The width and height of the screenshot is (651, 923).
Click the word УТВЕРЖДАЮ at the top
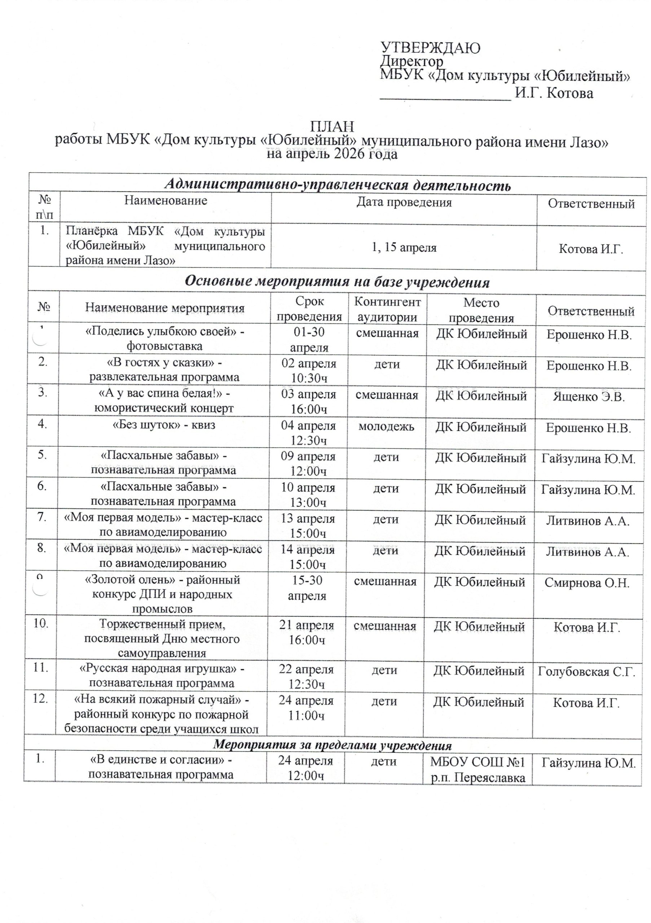430,48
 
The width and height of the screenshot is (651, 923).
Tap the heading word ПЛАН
332,127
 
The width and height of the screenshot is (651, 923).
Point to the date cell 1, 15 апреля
404,248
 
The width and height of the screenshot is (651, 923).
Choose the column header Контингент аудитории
387,310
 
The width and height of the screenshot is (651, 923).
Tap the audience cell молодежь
386,426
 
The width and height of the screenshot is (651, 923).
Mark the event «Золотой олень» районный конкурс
162,594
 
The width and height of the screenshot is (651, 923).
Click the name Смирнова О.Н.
587,583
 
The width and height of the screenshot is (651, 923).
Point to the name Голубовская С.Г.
587,672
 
